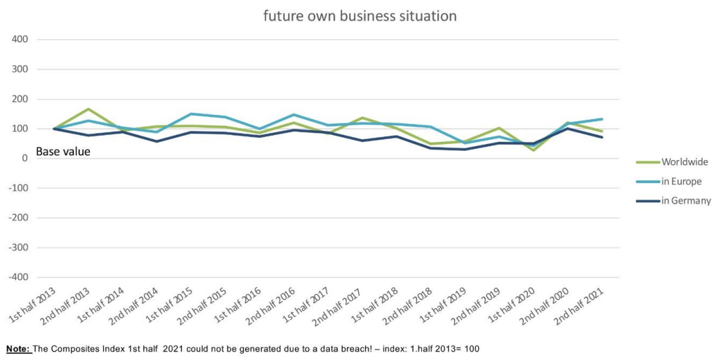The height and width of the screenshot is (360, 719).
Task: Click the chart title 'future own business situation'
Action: (359, 15)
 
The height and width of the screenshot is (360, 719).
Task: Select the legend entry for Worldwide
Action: (684, 162)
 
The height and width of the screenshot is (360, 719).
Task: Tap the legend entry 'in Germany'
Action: (685, 201)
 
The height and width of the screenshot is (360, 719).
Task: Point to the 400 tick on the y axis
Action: (20, 39)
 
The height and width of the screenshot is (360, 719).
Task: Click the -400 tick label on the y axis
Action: (18, 278)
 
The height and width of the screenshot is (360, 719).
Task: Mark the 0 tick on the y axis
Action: (24, 159)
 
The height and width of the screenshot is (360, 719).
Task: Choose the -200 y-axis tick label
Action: (18, 218)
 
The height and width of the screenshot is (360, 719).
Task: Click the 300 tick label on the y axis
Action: (20, 69)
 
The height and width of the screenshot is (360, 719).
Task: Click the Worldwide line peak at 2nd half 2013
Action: (88, 109)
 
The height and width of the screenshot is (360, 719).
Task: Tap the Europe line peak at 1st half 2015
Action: (191, 114)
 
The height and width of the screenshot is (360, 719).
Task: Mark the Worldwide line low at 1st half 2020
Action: (533, 150)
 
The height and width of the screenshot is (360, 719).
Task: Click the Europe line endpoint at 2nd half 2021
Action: (602, 119)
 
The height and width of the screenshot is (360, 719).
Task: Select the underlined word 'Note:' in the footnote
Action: (20, 349)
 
